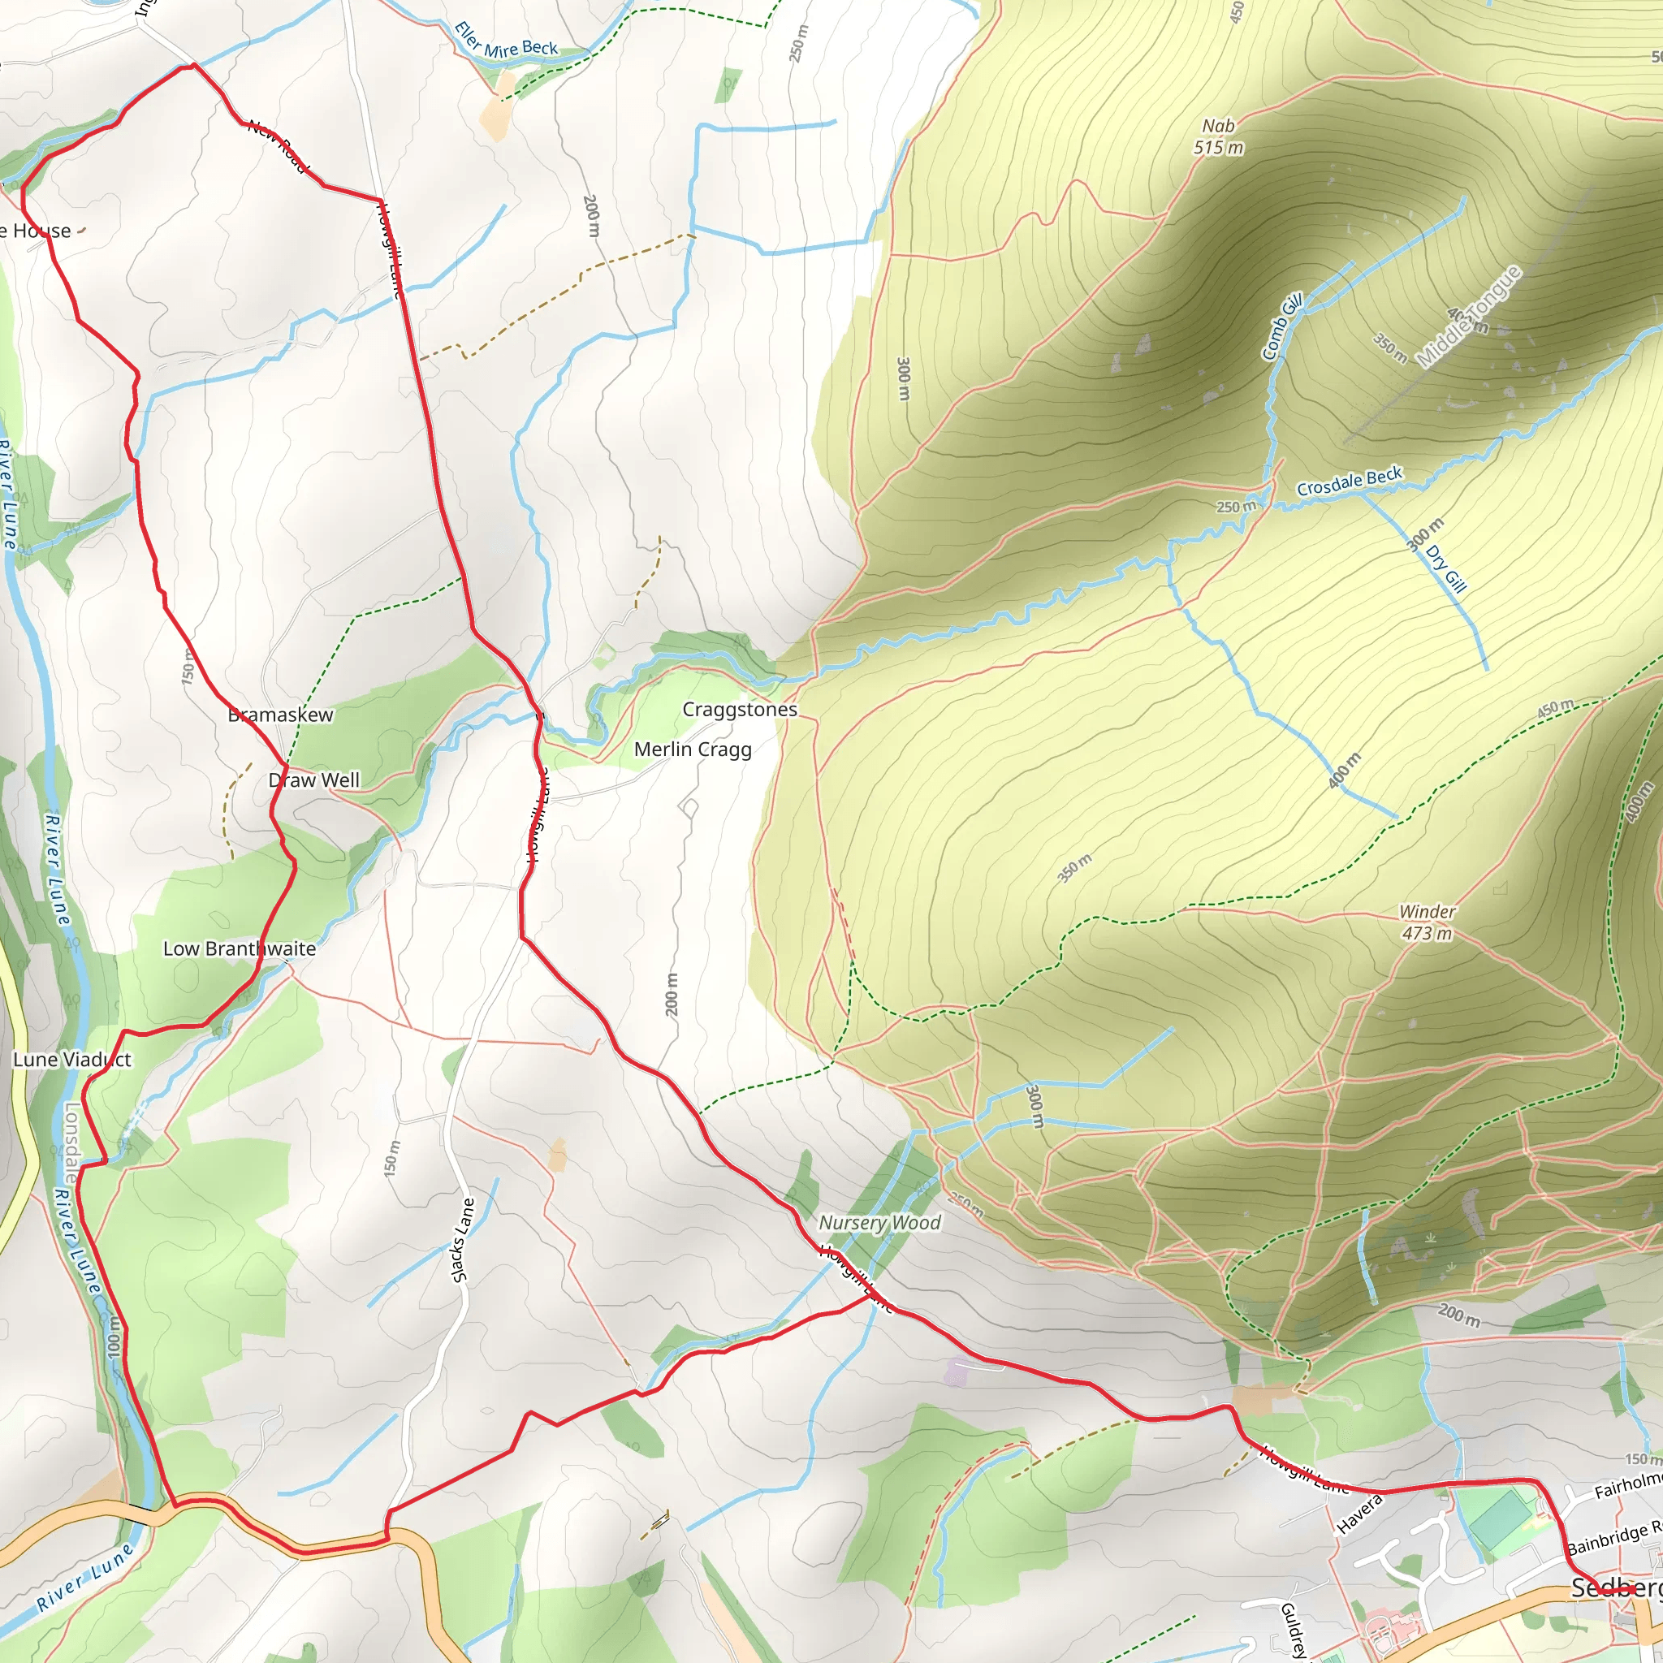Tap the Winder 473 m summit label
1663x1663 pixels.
click(1428, 922)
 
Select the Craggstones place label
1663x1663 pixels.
click(740, 709)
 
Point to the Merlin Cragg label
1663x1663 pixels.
click(693, 749)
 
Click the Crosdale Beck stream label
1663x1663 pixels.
click(1350, 482)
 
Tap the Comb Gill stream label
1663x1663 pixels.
click(1282, 327)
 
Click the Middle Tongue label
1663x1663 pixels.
click(1469, 317)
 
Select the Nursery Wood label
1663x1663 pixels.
click(879, 1222)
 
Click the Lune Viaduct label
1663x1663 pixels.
click(72, 1060)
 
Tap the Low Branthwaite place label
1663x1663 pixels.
click(240, 948)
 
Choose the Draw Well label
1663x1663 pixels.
click(314, 780)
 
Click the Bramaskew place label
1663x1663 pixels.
click(281, 715)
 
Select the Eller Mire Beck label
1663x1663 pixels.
click(506, 41)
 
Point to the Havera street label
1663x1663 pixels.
click(1359, 1514)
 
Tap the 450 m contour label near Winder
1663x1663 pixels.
click(1555, 708)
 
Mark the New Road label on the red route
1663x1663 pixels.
click(277, 145)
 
